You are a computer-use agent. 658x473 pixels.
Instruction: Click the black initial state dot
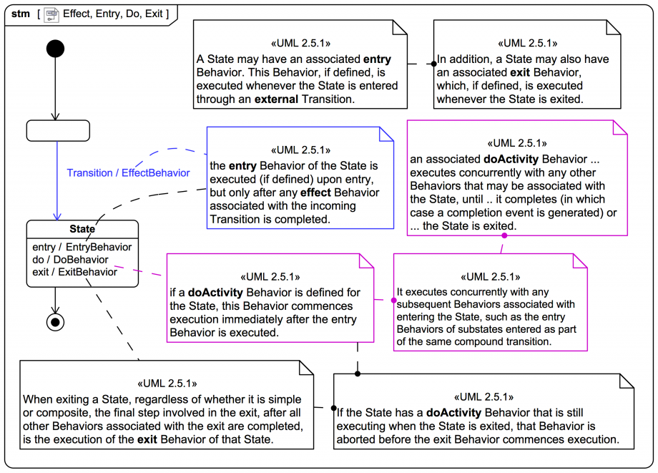tap(55, 49)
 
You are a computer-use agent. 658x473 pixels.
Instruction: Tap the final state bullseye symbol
tap(55, 321)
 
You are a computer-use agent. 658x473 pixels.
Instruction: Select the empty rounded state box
tap(58, 131)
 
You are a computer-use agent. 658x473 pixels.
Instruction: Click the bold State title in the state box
tap(82, 229)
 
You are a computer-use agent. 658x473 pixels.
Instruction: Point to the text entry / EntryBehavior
tap(82, 247)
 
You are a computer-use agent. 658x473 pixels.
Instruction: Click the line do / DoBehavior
tap(71, 259)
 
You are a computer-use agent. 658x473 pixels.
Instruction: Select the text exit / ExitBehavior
tap(75, 272)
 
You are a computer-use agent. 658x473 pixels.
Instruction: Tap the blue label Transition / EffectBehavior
tap(129, 172)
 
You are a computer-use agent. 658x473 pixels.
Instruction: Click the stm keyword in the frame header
tap(21, 14)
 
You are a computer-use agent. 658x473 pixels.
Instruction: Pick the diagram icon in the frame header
tap(51, 14)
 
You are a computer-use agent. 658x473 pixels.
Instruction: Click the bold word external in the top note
tap(276, 99)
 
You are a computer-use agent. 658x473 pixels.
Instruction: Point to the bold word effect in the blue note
tap(314, 192)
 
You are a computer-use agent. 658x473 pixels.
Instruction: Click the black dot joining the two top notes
tap(433, 64)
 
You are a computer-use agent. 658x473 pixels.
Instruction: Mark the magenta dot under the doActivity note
tap(504, 235)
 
